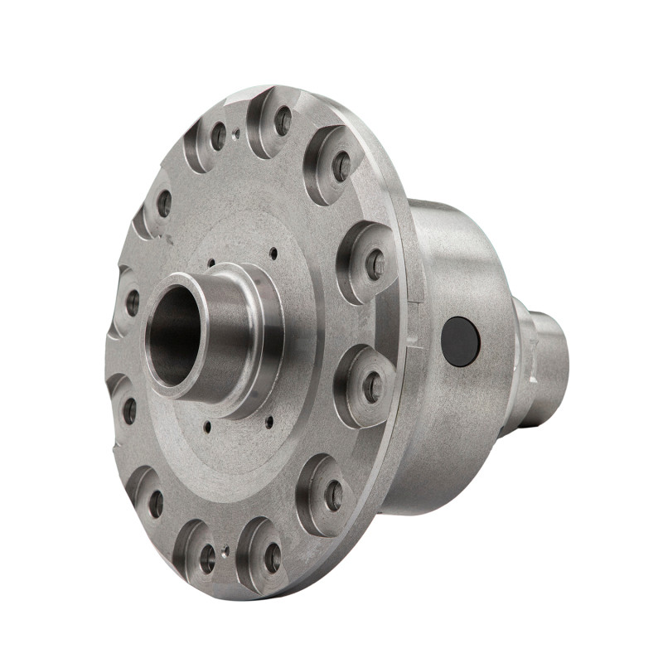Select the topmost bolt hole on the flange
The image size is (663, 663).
[x=283, y=121]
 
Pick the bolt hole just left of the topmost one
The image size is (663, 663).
[x=219, y=136]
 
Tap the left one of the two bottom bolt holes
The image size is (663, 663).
[x=207, y=558]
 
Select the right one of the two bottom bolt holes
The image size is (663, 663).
[x=273, y=557]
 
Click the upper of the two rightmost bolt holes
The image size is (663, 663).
[x=375, y=264]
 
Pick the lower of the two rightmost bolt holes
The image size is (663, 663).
[x=373, y=387]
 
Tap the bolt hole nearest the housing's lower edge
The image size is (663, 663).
[x=333, y=496]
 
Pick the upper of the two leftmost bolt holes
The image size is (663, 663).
[x=164, y=203]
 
